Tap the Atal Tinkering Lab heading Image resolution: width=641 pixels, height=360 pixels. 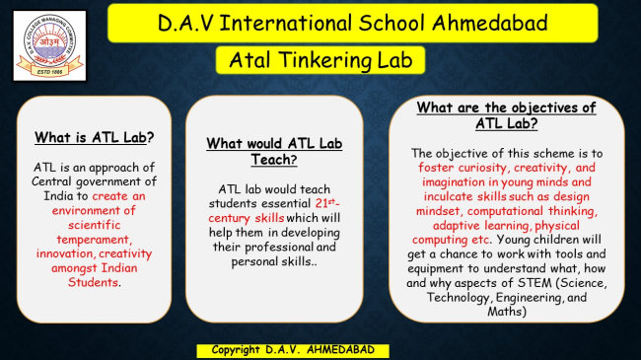(x=320, y=59)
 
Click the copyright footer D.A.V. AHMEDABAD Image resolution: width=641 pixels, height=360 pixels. (x=292, y=350)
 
